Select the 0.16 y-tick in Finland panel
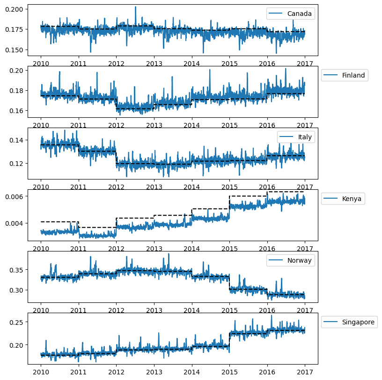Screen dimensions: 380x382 click(x=18, y=111)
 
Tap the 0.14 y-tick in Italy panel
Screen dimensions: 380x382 click(x=18, y=140)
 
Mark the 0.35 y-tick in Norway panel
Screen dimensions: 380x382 click(x=18, y=270)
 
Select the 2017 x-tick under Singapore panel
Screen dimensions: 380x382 click(x=305, y=373)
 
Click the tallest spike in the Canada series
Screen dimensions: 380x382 click(x=136, y=7)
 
